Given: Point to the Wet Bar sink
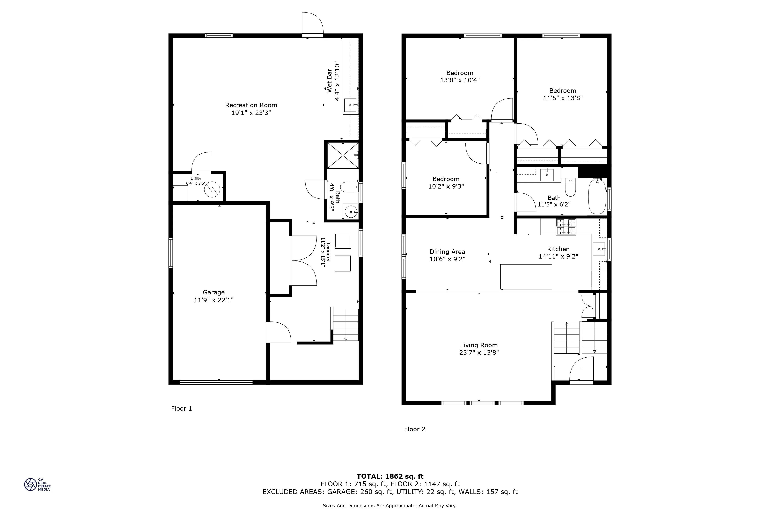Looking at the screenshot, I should coord(350,105).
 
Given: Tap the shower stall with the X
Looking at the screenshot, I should coord(343,155).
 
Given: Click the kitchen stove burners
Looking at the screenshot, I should coord(566,227).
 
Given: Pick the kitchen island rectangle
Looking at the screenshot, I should coord(526,277).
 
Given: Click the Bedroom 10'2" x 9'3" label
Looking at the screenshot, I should coord(446,179).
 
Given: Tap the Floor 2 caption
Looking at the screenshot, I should coord(415,429).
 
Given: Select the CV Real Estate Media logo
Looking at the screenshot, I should coord(37,485).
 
